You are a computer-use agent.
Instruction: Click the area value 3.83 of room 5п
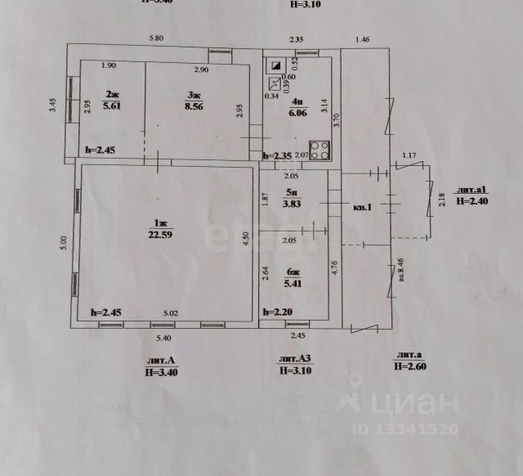(293, 204)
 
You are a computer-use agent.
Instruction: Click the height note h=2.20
(279, 311)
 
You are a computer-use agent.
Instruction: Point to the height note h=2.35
(278, 156)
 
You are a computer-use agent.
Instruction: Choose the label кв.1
(362, 207)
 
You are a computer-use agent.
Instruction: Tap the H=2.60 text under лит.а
(411, 366)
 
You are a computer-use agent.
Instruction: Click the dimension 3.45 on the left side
(51, 105)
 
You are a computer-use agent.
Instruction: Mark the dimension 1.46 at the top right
(363, 39)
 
